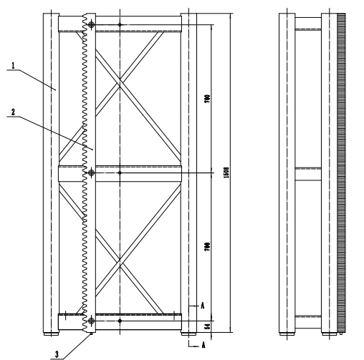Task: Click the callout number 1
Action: [x=14, y=65]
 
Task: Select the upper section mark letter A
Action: [x=203, y=305]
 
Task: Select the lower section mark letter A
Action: [x=203, y=344]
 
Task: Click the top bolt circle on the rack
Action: [x=91, y=25]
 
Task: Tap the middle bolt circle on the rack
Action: [x=91, y=172]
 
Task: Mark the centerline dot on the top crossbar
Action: [x=120, y=25]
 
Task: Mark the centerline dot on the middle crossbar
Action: [x=120, y=172]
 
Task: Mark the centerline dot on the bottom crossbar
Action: [x=120, y=321]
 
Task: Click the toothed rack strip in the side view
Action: [x=341, y=172]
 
